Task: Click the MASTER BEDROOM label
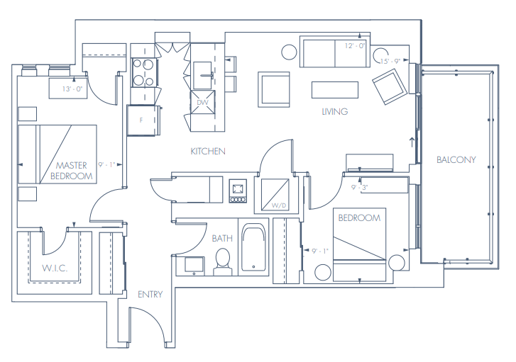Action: (75, 171)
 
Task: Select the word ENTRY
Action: (150, 294)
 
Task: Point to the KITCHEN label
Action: (208, 151)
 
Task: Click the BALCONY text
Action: (456, 160)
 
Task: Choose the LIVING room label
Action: (334, 111)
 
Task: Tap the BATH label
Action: (222, 238)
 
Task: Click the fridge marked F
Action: (143, 120)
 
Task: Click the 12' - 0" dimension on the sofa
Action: (354, 45)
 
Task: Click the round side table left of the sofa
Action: (289, 52)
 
